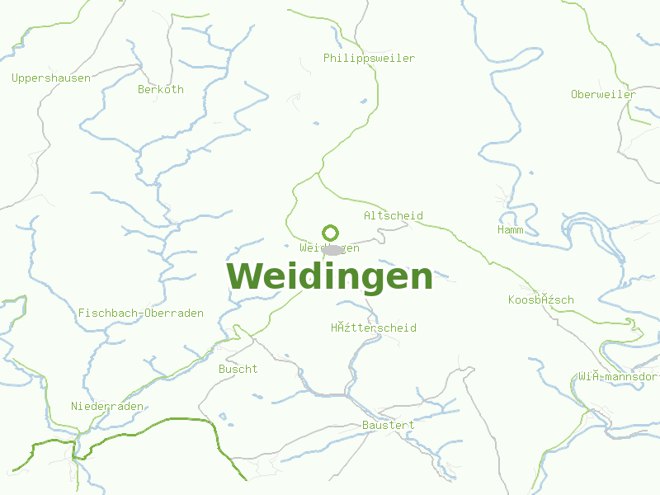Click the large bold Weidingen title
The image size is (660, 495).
330,276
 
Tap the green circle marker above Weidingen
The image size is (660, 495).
330,232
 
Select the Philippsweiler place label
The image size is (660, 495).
369,59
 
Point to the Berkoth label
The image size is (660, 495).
161,90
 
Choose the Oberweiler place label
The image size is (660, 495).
603,95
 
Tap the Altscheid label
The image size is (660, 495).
394,216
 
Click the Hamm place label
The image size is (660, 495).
510,230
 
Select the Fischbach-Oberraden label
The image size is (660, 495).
141,313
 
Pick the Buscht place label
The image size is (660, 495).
238,370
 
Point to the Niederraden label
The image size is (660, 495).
107,407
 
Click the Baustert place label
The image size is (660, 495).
388,426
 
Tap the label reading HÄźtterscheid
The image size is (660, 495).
374,328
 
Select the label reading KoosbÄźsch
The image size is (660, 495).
541,300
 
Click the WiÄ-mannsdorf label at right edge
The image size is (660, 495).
619,377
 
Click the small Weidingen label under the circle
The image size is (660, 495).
329,248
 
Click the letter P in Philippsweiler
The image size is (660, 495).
327,59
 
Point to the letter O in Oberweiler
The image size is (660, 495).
574,95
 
